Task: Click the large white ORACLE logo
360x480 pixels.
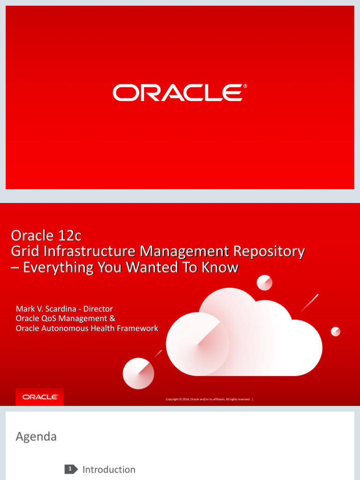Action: click(x=177, y=93)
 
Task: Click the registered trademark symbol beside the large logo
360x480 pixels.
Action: click(x=245, y=87)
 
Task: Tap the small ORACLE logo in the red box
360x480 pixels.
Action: click(x=40, y=397)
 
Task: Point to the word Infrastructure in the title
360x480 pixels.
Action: click(x=90, y=251)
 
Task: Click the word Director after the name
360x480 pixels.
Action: click(x=98, y=308)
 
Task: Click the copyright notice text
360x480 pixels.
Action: click(x=208, y=399)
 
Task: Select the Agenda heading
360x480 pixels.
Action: click(x=36, y=436)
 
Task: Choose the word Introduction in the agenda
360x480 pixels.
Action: click(x=109, y=469)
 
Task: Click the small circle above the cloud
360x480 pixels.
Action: click(x=264, y=283)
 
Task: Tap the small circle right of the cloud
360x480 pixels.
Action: click(x=336, y=331)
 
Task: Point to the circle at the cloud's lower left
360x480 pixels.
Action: click(x=138, y=373)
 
